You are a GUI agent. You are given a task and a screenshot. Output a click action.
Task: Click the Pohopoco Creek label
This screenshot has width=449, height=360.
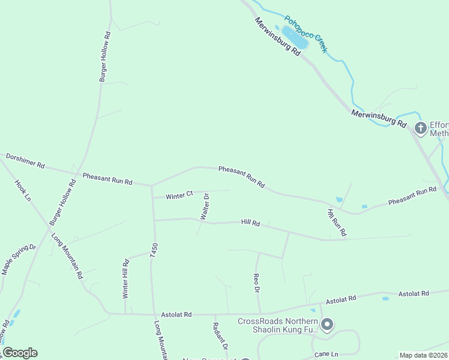click(306, 34)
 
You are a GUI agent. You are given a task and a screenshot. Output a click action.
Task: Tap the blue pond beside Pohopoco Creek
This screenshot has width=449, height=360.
click(295, 37)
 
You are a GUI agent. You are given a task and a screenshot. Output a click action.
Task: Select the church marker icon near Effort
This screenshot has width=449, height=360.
click(421, 128)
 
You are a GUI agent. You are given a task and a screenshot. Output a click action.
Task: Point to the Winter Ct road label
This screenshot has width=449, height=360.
click(179, 195)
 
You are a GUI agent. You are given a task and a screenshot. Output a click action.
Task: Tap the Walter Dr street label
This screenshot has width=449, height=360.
click(205, 206)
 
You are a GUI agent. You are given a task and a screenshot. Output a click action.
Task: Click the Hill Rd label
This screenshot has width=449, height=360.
click(250, 223)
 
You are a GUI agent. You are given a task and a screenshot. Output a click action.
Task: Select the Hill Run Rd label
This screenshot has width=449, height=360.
click(337, 222)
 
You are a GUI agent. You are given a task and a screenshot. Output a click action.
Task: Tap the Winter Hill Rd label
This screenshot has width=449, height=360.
click(126, 278)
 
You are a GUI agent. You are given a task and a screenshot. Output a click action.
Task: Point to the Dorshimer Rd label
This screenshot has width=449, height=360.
click(25, 160)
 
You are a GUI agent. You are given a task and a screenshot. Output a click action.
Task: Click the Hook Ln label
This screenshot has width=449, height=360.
click(23, 191)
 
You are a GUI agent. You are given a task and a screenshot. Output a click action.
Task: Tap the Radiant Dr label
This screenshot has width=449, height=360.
click(220, 336)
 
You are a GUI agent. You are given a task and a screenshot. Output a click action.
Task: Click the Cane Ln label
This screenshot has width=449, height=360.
click(327, 355)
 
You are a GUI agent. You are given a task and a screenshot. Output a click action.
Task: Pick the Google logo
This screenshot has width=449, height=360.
click(20, 353)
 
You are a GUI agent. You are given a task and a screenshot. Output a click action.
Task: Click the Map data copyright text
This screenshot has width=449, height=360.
click(423, 355)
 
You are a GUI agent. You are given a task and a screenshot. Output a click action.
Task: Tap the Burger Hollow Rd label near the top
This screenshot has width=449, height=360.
click(106, 57)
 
